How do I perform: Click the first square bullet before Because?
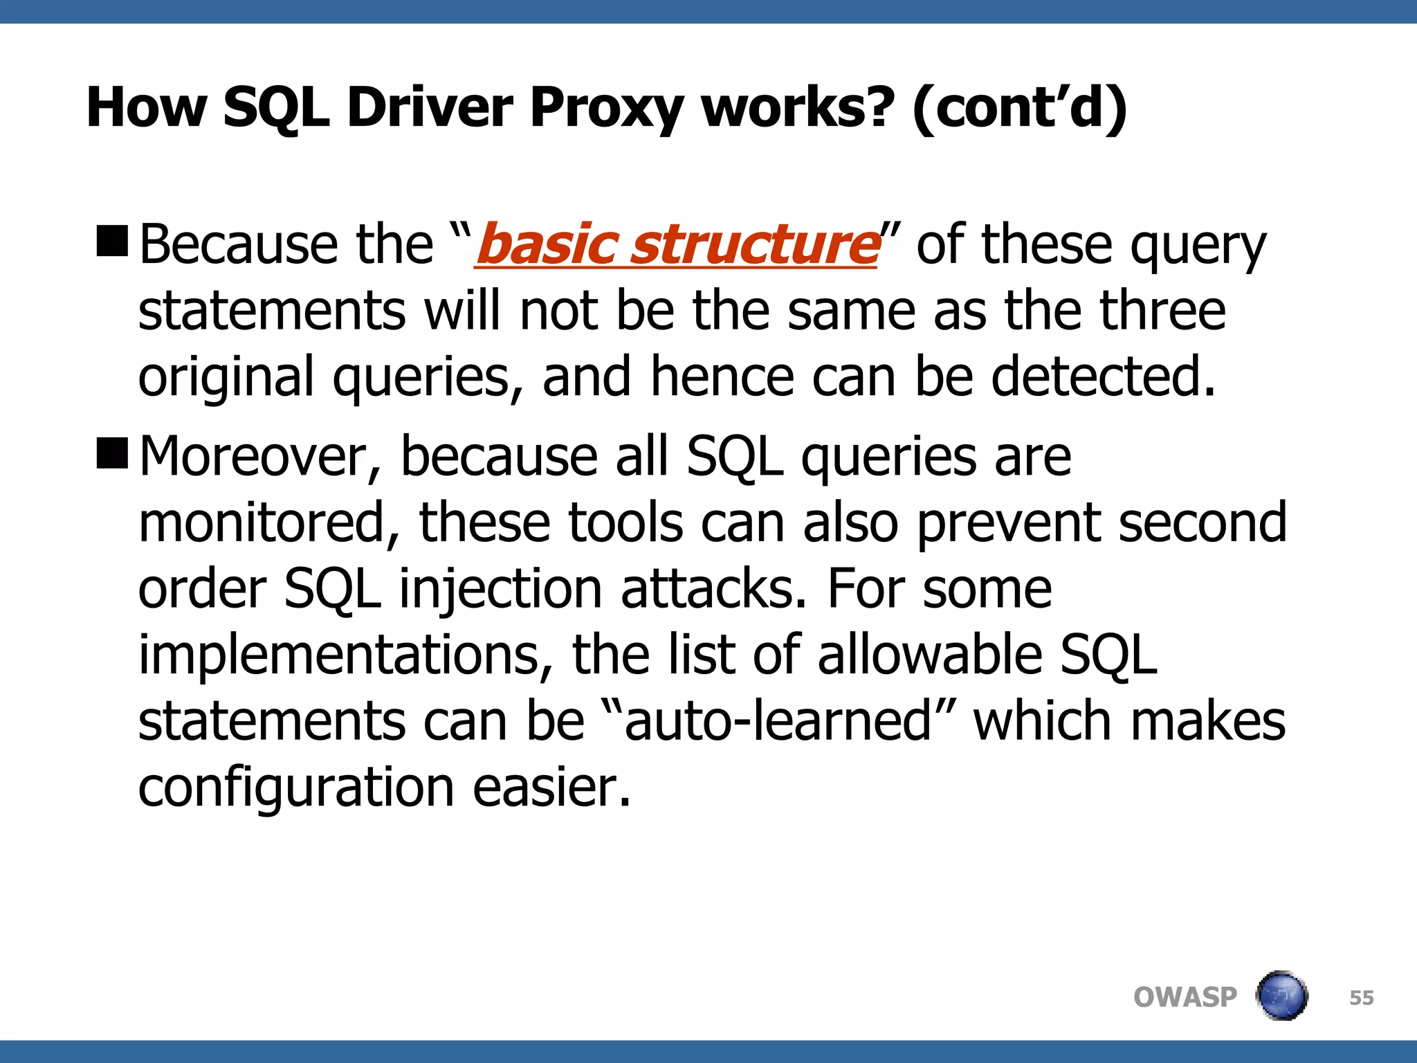click(112, 241)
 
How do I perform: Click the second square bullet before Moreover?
click(112, 453)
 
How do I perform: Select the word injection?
click(501, 590)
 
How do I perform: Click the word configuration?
click(296, 787)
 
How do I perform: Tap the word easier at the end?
click(551, 787)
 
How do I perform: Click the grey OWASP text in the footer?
click(1185, 997)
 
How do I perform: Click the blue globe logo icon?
click(1281, 996)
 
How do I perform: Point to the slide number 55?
click(1361, 998)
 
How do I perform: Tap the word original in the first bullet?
click(226, 377)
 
